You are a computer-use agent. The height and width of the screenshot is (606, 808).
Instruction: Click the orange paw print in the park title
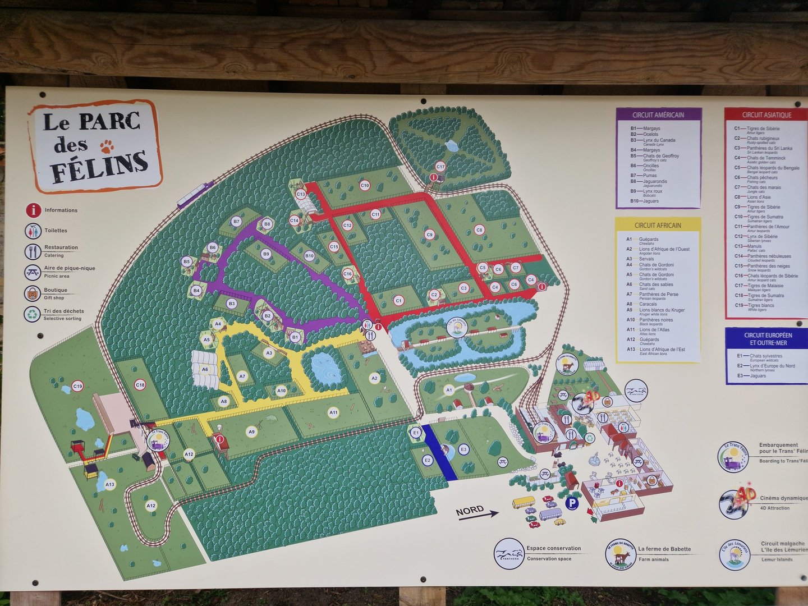[107, 146]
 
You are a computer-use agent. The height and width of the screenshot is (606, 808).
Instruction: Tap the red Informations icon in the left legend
[33, 210]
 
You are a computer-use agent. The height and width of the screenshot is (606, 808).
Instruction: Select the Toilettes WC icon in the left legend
[33, 231]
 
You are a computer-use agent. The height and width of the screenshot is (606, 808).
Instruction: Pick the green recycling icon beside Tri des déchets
[33, 314]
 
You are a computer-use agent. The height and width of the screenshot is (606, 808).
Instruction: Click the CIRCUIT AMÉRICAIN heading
[658, 115]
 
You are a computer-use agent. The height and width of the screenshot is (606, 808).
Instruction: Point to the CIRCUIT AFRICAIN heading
[658, 226]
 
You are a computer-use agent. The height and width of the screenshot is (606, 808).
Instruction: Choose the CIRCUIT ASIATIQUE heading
[766, 115]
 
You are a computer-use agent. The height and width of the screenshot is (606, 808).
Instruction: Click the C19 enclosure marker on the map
[77, 386]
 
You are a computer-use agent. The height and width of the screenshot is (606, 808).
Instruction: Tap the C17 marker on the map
[440, 167]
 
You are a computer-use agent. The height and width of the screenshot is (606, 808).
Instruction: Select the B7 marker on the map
[236, 222]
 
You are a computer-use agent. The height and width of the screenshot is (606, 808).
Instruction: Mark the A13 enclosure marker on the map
[109, 484]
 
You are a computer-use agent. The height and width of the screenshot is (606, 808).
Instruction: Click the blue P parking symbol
[571, 503]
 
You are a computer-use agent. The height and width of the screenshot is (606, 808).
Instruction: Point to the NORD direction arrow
[478, 512]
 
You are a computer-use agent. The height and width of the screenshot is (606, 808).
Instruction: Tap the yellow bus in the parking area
[524, 502]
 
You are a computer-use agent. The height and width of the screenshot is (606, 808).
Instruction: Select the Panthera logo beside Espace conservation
[509, 553]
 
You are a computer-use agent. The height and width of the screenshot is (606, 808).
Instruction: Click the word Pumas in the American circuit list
[650, 176]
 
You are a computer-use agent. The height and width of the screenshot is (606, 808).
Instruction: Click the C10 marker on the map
[365, 185]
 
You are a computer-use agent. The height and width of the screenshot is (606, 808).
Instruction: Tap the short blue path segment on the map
[439, 452]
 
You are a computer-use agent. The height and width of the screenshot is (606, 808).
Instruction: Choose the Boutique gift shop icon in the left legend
[33, 293]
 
